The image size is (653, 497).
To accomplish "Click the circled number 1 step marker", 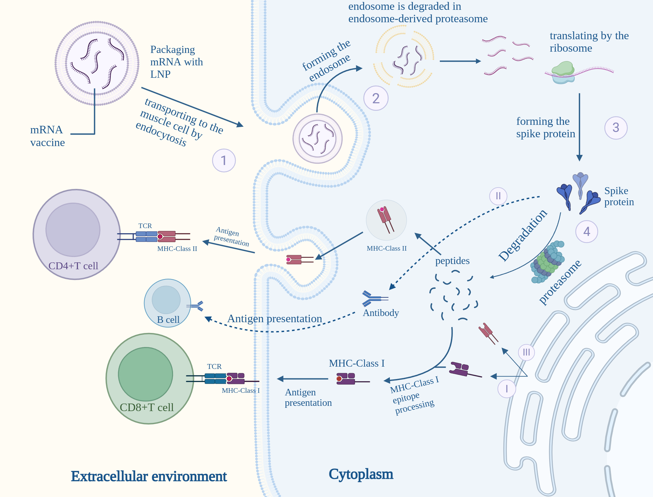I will [x=224, y=160].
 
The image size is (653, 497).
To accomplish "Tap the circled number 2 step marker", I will [x=376, y=98].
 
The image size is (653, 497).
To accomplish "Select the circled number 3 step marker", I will [x=616, y=128].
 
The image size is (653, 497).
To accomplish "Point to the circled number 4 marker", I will [x=586, y=232].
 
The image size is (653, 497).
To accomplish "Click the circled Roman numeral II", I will [x=498, y=196].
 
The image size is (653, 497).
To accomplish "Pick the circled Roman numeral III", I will [x=526, y=352].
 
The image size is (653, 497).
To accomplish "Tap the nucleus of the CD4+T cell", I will [x=73, y=230].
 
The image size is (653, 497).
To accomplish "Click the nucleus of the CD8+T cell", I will [x=145, y=374].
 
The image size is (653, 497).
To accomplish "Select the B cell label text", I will [x=168, y=320].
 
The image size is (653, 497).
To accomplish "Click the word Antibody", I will [x=381, y=313].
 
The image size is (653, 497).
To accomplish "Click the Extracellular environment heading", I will [x=149, y=476].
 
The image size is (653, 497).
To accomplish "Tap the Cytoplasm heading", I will [x=361, y=474].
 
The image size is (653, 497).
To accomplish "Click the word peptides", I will [x=452, y=261].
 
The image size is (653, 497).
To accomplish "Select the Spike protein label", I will [x=618, y=196].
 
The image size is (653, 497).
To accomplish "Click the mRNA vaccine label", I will [x=47, y=136].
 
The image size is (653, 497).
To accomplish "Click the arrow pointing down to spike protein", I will [x=580, y=127].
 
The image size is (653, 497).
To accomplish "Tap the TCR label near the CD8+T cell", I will [x=214, y=367].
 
